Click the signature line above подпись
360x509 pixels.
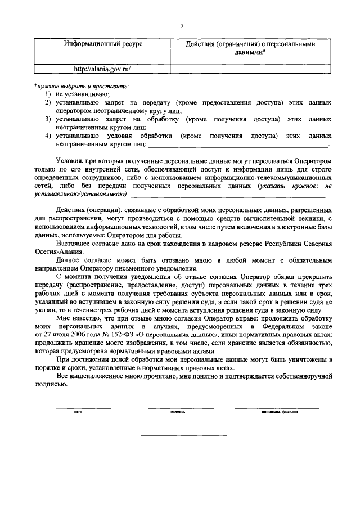(x=180, y=408)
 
